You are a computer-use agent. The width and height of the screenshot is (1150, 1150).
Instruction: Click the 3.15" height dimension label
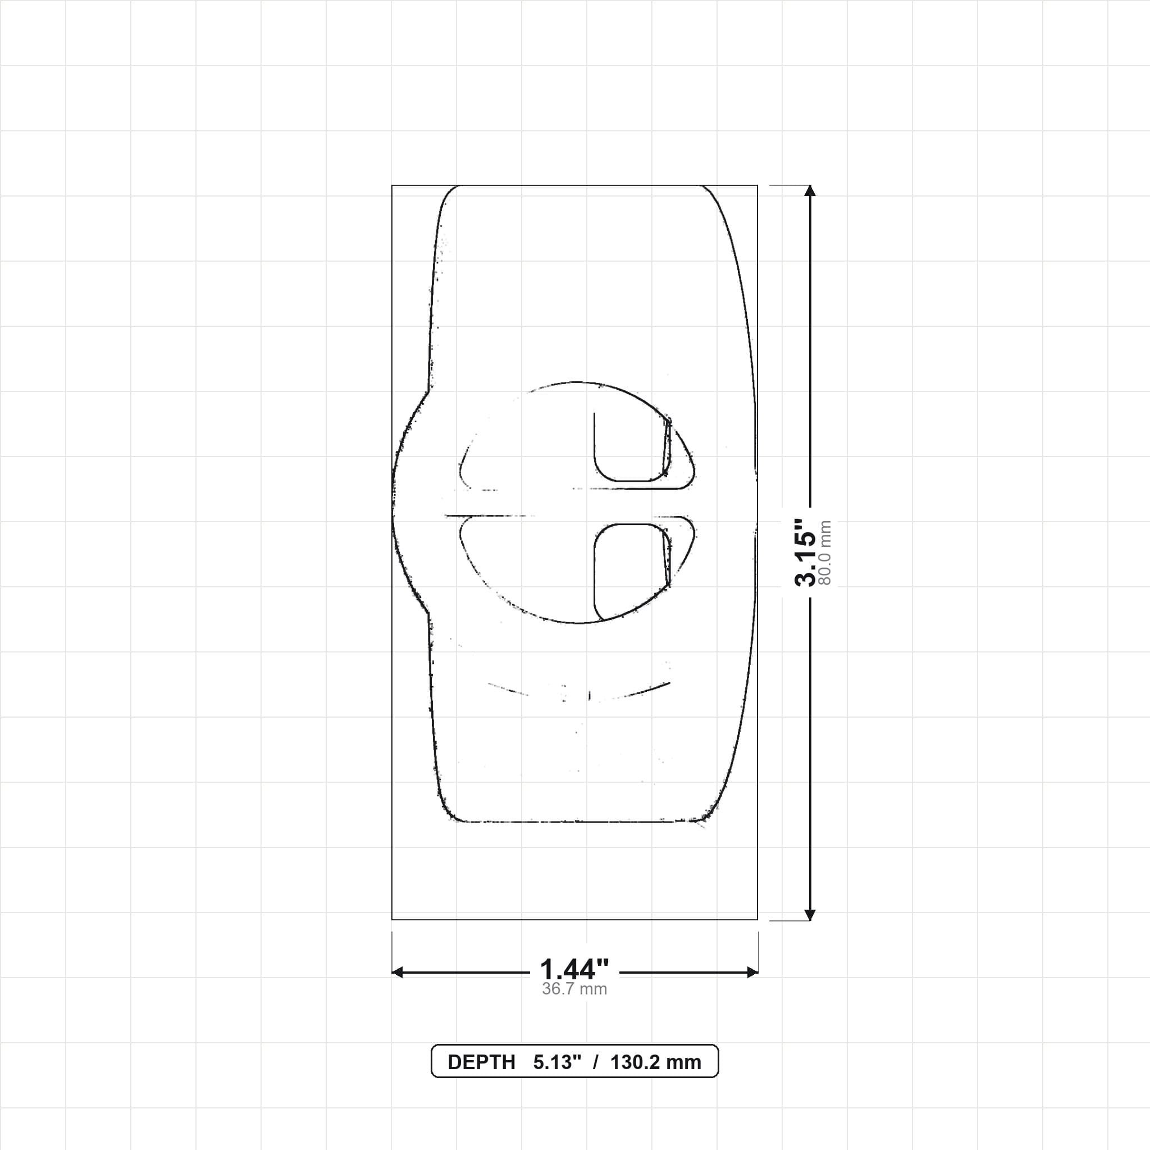pos(805,553)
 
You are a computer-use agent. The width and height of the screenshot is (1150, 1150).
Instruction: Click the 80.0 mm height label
pos(825,553)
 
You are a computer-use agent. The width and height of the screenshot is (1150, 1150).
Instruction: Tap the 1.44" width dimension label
pos(574,970)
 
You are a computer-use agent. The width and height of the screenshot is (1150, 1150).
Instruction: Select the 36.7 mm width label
pos(574,989)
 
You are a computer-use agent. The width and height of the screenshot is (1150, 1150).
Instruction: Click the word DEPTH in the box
pos(481,1062)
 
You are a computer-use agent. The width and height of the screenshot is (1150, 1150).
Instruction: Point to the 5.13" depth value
pos(557,1062)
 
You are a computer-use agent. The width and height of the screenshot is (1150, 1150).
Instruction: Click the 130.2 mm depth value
pos(655,1062)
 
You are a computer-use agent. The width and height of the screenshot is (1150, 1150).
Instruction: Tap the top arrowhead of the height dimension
pos(810,191)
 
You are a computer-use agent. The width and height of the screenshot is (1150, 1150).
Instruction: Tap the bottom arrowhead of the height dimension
pos(810,914)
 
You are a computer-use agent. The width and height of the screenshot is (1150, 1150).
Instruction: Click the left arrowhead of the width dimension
pos(398,972)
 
